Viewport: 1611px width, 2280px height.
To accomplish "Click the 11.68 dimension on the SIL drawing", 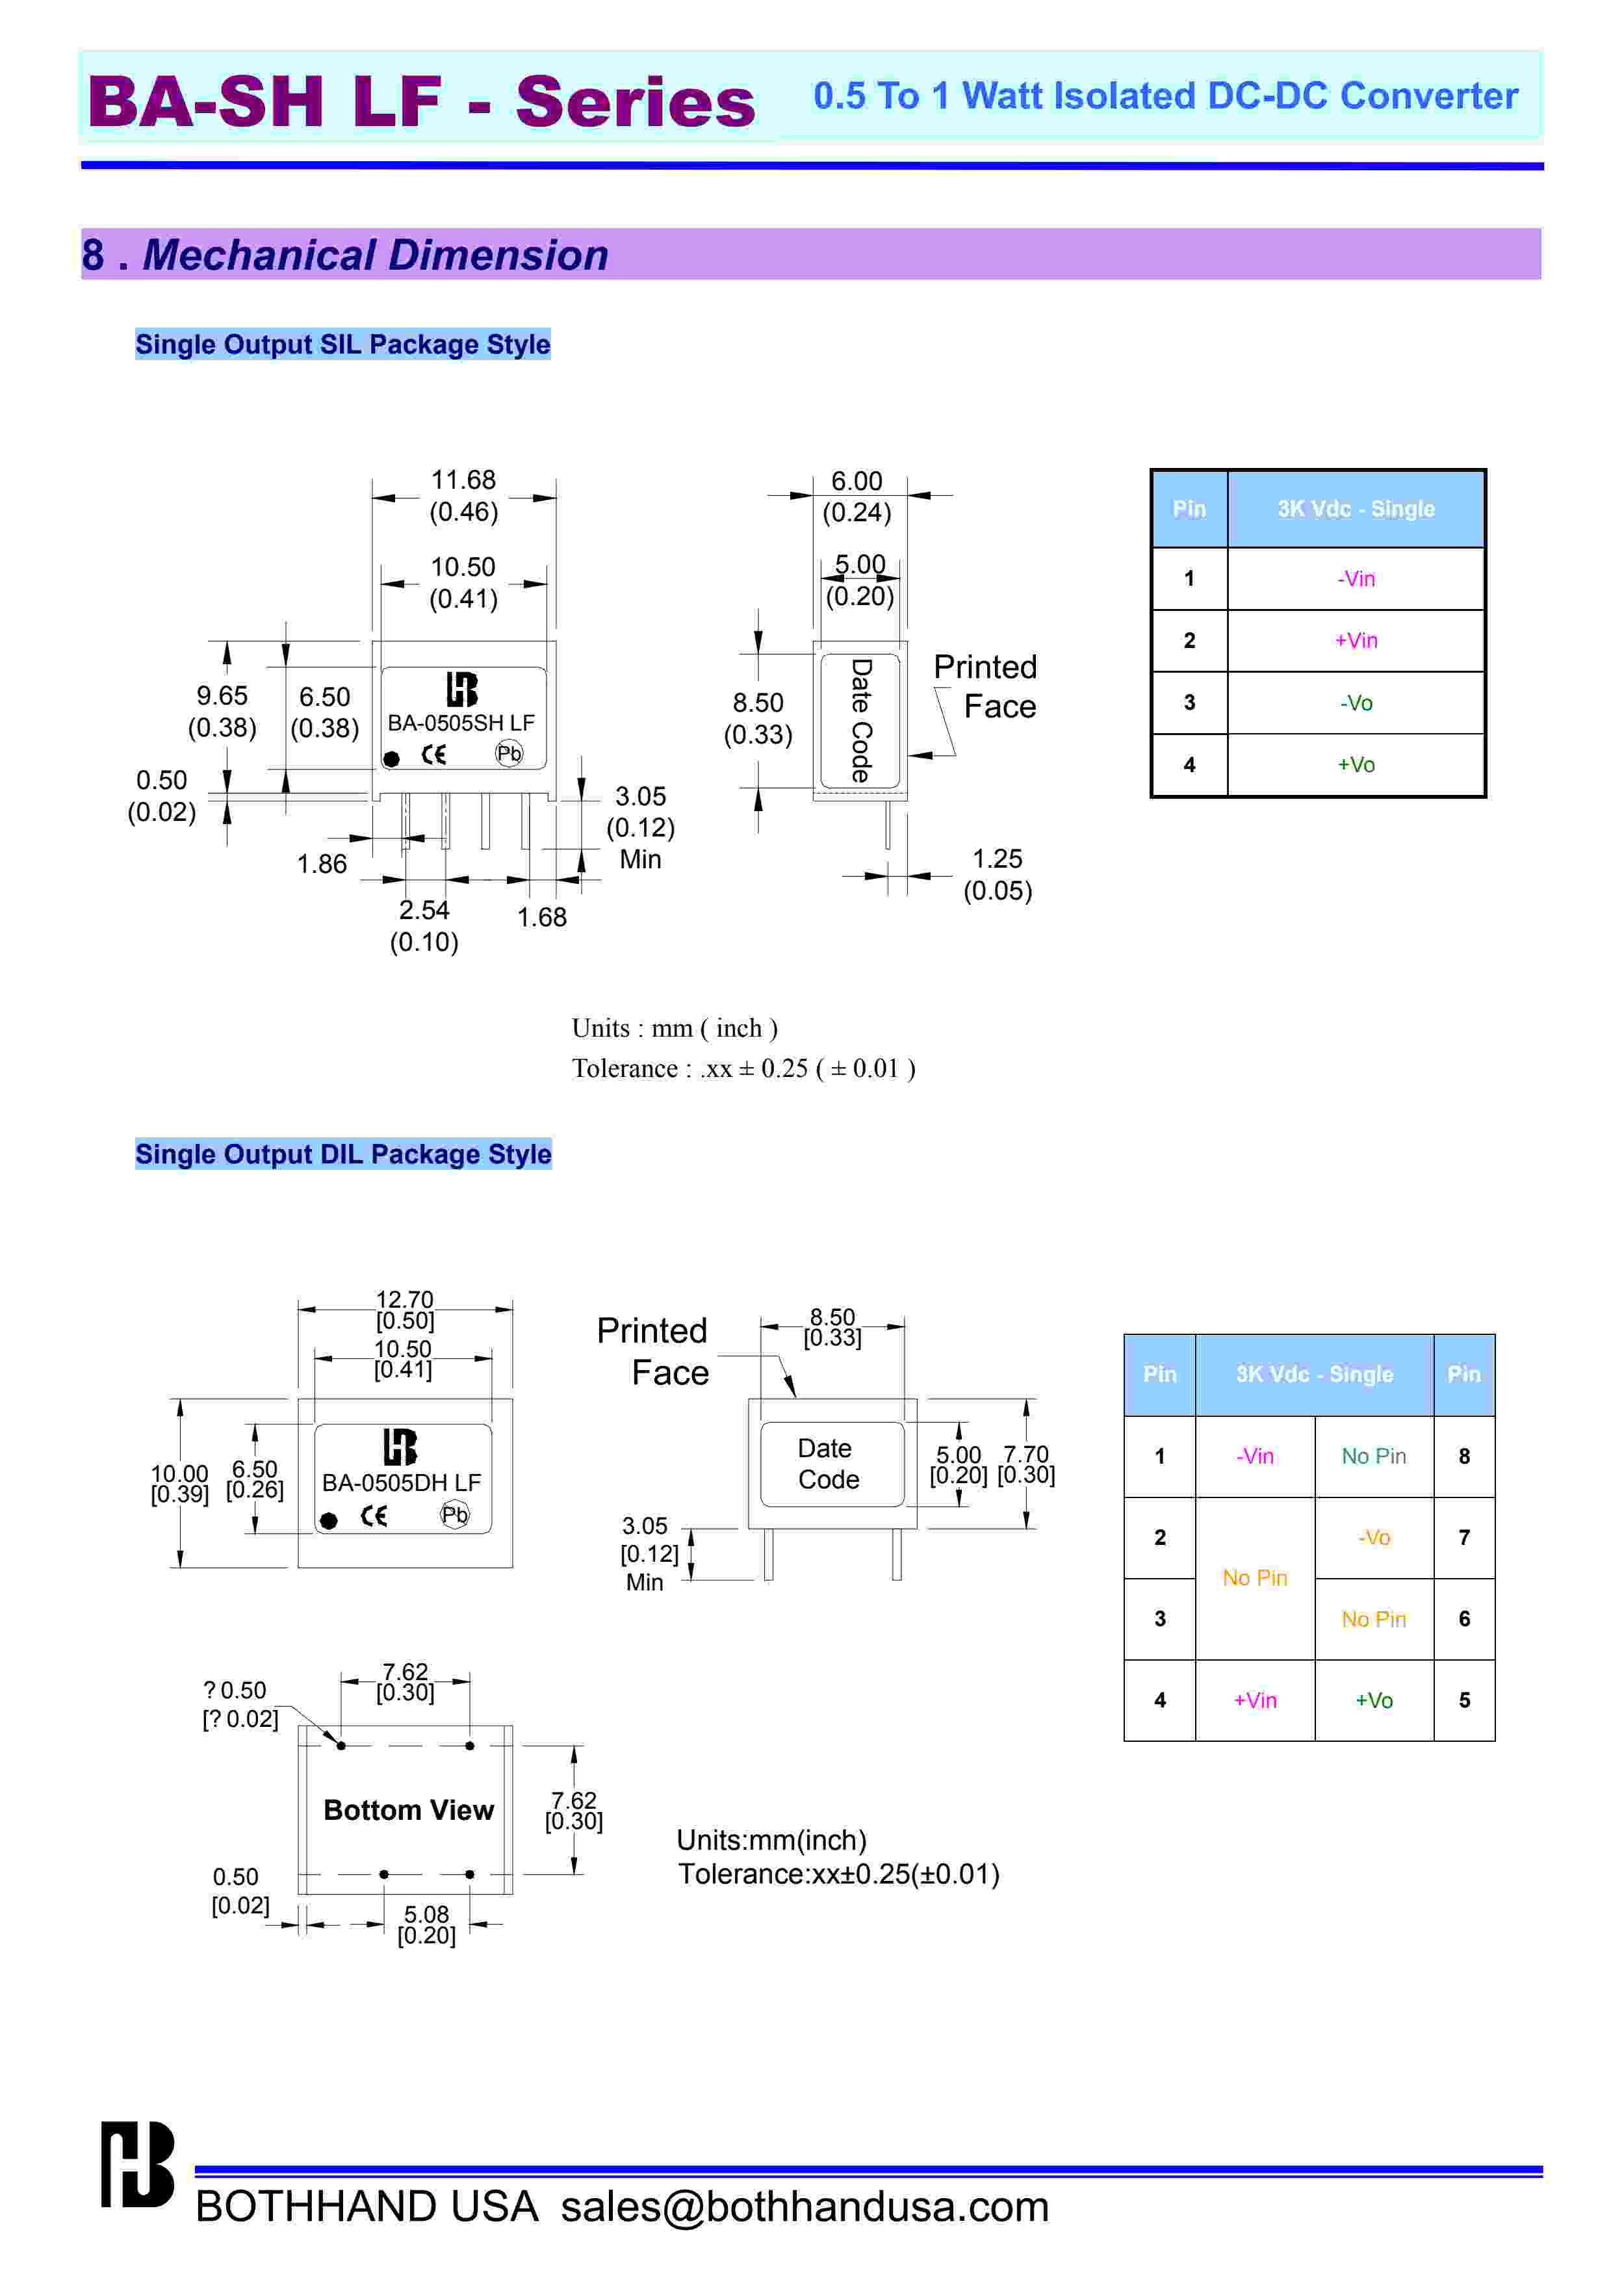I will click(x=463, y=480).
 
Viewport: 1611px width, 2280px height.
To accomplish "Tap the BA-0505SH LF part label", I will click(x=461, y=723).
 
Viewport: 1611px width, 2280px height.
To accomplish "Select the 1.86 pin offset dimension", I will click(x=322, y=864).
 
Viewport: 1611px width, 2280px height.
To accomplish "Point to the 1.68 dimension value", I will click(x=542, y=918).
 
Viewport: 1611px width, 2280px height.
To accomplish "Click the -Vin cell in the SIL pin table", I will click(x=1356, y=579).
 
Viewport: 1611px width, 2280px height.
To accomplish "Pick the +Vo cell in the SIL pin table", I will click(x=1356, y=764).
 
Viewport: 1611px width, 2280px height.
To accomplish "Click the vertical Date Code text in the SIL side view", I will click(x=860, y=720).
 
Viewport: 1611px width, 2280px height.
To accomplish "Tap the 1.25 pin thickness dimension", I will click(x=997, y=859).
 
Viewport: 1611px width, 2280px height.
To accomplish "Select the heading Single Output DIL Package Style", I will click(x=343, y=1154).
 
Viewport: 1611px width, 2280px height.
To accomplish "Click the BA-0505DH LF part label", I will click(x=401, y=1483).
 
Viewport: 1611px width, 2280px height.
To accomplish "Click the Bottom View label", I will click(x=408, y=1810).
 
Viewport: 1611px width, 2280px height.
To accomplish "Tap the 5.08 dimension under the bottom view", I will click(x=426, y=1915).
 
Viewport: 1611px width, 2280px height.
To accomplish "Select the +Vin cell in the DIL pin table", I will click(x=1255, y=1701).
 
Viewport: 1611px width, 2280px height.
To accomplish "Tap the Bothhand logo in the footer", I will click(x=137, y=2165).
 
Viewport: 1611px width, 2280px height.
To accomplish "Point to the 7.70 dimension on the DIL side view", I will click(x=1025, y=1455).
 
